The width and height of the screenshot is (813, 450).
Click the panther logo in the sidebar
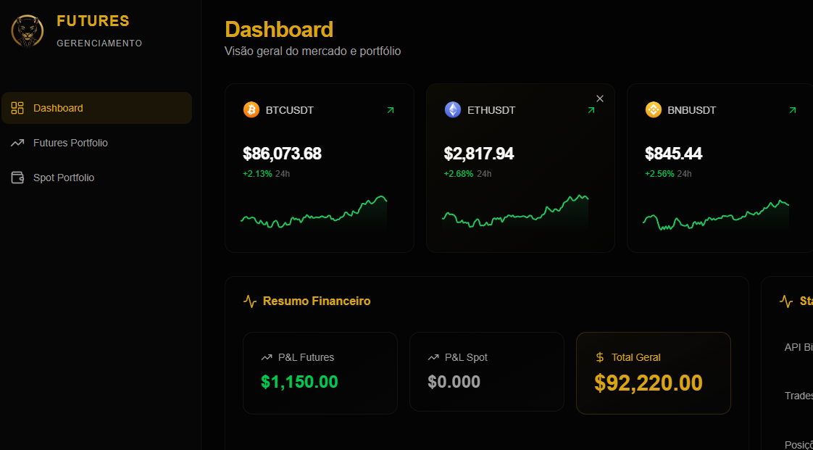[28, 32]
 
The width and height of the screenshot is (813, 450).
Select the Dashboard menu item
[58, 108]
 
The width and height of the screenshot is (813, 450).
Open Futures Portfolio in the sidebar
[70, 143]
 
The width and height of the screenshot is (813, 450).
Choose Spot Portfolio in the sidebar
[64, 178]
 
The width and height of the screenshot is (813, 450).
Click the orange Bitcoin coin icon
[251, 109]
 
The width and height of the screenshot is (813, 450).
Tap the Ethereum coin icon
[452, 109]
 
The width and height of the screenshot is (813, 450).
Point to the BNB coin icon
[653, 109]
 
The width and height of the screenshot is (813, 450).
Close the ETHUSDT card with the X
[599, 99]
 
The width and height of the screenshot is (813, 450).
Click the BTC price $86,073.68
[282, 154]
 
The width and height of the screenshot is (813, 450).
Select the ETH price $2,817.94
[479, 154]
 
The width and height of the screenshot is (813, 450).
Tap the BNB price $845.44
[673, 154]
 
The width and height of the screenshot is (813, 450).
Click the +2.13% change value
[257, 174]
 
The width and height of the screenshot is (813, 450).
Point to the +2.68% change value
[458, 174]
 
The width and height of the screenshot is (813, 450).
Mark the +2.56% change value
[659, 174]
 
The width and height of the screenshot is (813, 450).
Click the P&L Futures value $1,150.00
[299, 382]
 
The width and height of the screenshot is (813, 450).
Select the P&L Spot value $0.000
[454, 382]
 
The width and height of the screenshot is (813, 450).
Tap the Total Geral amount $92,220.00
[649, 383]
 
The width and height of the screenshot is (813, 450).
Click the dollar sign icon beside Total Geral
[599, 357]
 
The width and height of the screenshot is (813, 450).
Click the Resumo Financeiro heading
[316, 301]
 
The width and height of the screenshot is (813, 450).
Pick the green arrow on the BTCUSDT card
[391, 110]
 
